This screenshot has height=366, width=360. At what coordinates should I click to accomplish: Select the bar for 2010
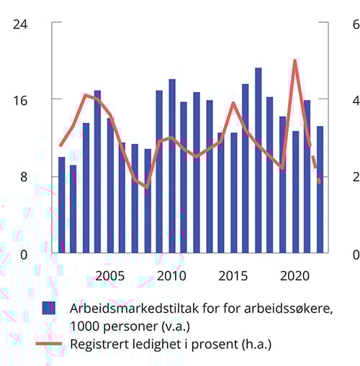pyautogui.click(x=172, y=165)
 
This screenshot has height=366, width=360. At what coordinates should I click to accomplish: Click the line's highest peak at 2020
pyautogui.click(x=295, y=60)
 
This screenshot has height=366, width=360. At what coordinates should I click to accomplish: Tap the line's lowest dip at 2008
pyautogui.click(x=147, y=187)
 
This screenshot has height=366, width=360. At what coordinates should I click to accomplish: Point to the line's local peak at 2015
pyautogui.click(x=233, y=103)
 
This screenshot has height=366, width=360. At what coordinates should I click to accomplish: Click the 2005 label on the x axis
pyautogui.click(x=110, y=276)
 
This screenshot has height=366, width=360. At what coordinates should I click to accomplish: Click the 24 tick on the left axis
pyautogui.click(x=19, y=23)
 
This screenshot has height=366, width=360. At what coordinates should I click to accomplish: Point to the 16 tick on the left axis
pyautogui.click(x=19, y=99)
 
